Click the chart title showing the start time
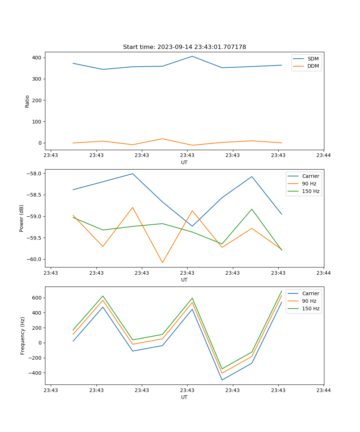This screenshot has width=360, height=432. [x=184, y=47]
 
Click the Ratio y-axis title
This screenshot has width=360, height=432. [x=27, y=101]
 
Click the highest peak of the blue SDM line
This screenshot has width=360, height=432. [x=192, y=56]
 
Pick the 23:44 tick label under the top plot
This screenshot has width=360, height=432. [x=323, y=156]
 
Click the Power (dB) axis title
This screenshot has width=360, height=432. [x=22, y=218]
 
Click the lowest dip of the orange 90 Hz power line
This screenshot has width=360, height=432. [x=162, y=262]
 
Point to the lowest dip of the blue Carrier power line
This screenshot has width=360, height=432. [x=192, y=226]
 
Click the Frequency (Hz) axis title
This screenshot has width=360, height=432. [x=22, y=336]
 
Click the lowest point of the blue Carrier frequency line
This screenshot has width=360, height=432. [x=222, y=380]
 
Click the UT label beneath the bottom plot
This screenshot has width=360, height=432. [x=184, y=397]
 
